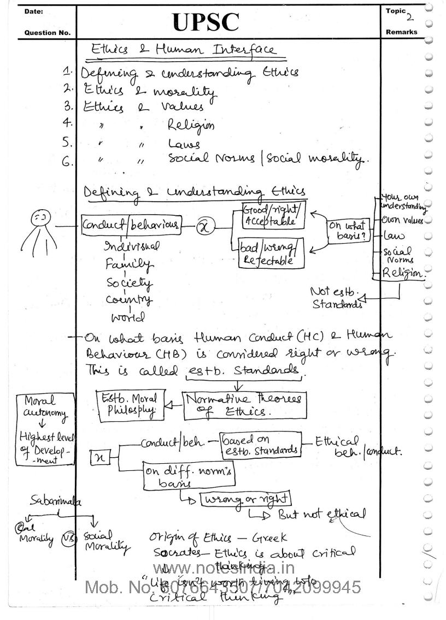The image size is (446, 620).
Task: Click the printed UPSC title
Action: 206,22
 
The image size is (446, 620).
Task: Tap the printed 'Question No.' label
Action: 48,33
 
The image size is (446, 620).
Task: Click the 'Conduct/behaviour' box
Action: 131,225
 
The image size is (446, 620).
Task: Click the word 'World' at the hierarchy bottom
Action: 128,317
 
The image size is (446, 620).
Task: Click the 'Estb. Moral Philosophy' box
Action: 131,405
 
